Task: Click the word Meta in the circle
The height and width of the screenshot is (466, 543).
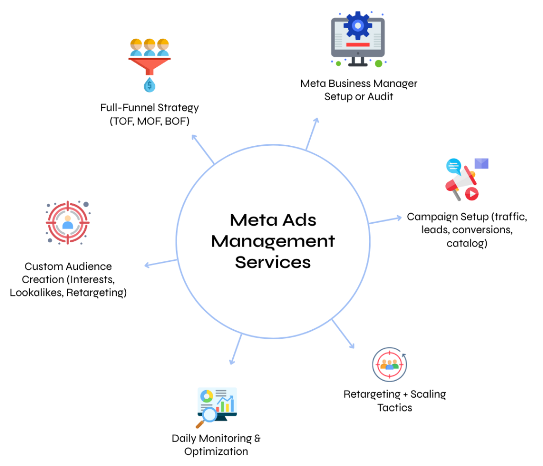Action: pyautogui.click(x=249, y=220)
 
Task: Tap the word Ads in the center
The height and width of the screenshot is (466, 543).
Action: pyautogui.click(x=298, y=220)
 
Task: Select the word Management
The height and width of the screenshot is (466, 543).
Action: pyautogui.click(x=273, y=241)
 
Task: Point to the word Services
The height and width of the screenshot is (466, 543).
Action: pyautogui.click(x=273, y=262)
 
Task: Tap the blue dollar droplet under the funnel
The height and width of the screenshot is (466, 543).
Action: pyautogui.click(x=150, y=85)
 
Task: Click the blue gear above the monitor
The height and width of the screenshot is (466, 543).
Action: pyautogui.click(x=358, y=24)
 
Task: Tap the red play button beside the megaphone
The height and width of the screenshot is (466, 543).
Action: pyautogui.click(x=471, y=194)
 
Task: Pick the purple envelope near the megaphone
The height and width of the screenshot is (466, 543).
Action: pyautogui.click(x=481, y=163)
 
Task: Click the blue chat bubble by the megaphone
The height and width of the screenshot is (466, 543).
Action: pyautogui.click(x=453, y=166)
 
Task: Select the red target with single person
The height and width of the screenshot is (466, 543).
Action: pyautogui.click(x=67, y=222)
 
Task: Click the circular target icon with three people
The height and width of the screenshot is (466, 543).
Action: pyautogui.click(x=390, y=364)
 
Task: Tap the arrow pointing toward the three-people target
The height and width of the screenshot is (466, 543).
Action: pyautogui.click(x=344, y=335)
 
